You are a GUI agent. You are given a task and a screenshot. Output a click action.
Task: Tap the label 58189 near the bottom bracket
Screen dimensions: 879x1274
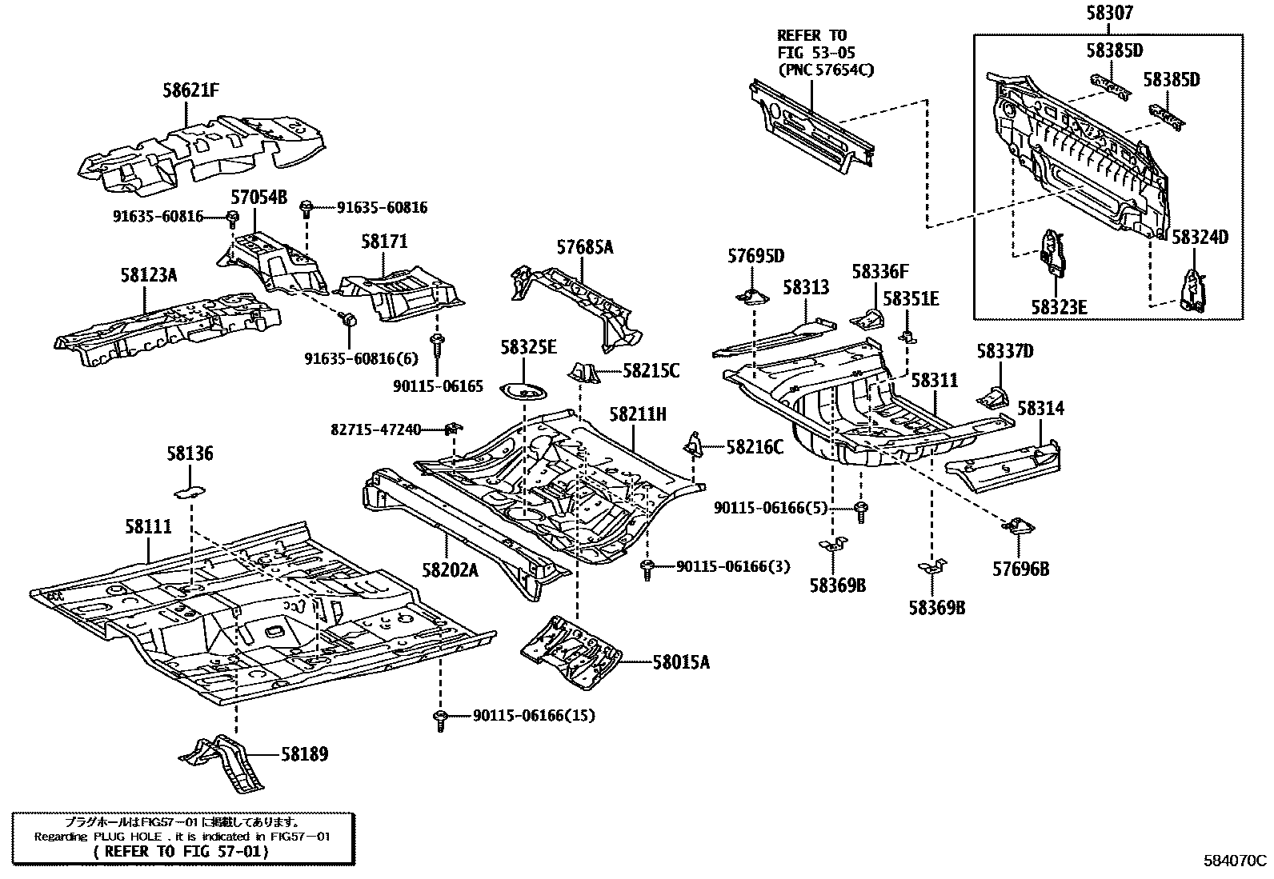(x=303, y=754)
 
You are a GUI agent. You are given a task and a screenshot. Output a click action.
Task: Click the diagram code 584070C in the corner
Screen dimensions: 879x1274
(x=1236, y=861)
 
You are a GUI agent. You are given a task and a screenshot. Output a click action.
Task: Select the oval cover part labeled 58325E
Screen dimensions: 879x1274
(x=523, y=392)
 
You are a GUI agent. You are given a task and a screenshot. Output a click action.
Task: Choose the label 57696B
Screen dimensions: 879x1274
(x=1020, y=569)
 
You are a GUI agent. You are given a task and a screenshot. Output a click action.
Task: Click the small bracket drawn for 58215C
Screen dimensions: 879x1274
(x=584, y=373)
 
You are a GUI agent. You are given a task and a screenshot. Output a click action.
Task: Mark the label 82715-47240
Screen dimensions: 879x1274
(x=375, y=430)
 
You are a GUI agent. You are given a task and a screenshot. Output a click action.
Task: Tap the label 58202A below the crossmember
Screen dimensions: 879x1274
(x=450, y=569)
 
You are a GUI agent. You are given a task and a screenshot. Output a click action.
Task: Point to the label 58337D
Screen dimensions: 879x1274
(x=1004, y=351)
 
